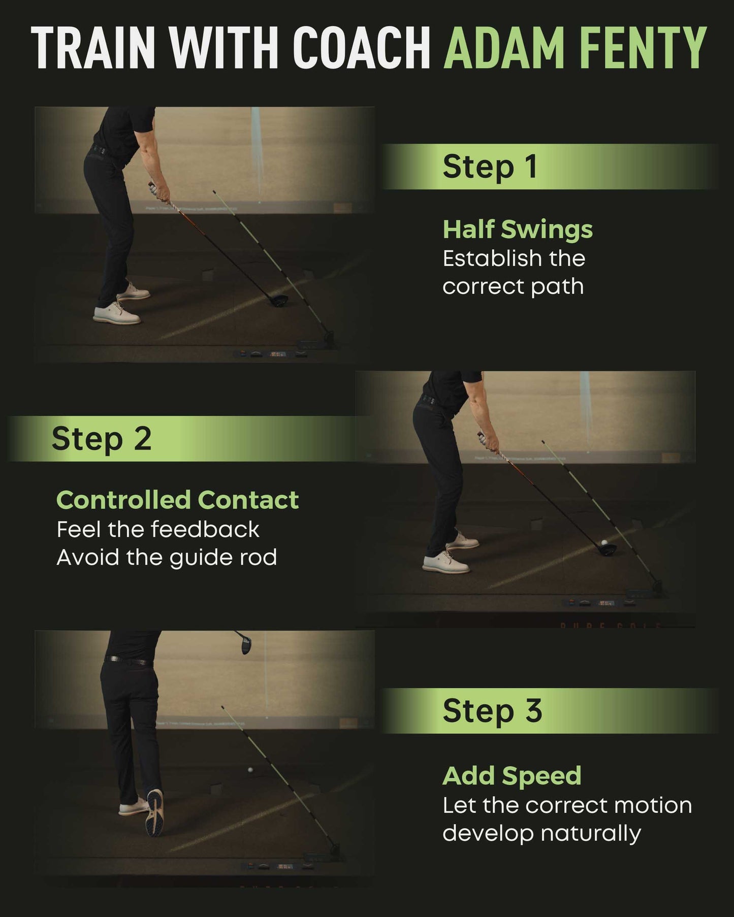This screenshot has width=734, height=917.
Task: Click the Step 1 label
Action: [490, 167]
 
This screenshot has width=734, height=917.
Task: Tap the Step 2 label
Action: [102, 439]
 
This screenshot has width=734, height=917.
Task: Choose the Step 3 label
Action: [492, 710]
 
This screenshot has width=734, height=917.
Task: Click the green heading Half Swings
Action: [517, 230]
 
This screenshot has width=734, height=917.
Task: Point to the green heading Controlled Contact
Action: [177, 500]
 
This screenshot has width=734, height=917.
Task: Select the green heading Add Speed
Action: [512, 776]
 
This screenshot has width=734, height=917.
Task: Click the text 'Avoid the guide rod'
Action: [167, 558]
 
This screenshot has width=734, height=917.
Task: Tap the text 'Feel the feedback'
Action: [158, 530]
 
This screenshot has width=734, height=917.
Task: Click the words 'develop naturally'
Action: [541, 833]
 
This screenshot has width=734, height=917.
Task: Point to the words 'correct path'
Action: [513, 286]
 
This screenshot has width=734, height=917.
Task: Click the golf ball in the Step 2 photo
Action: [604, 542]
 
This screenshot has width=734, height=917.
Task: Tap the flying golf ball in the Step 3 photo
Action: [250, 770]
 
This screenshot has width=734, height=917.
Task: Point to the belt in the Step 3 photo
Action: [127, 661]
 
